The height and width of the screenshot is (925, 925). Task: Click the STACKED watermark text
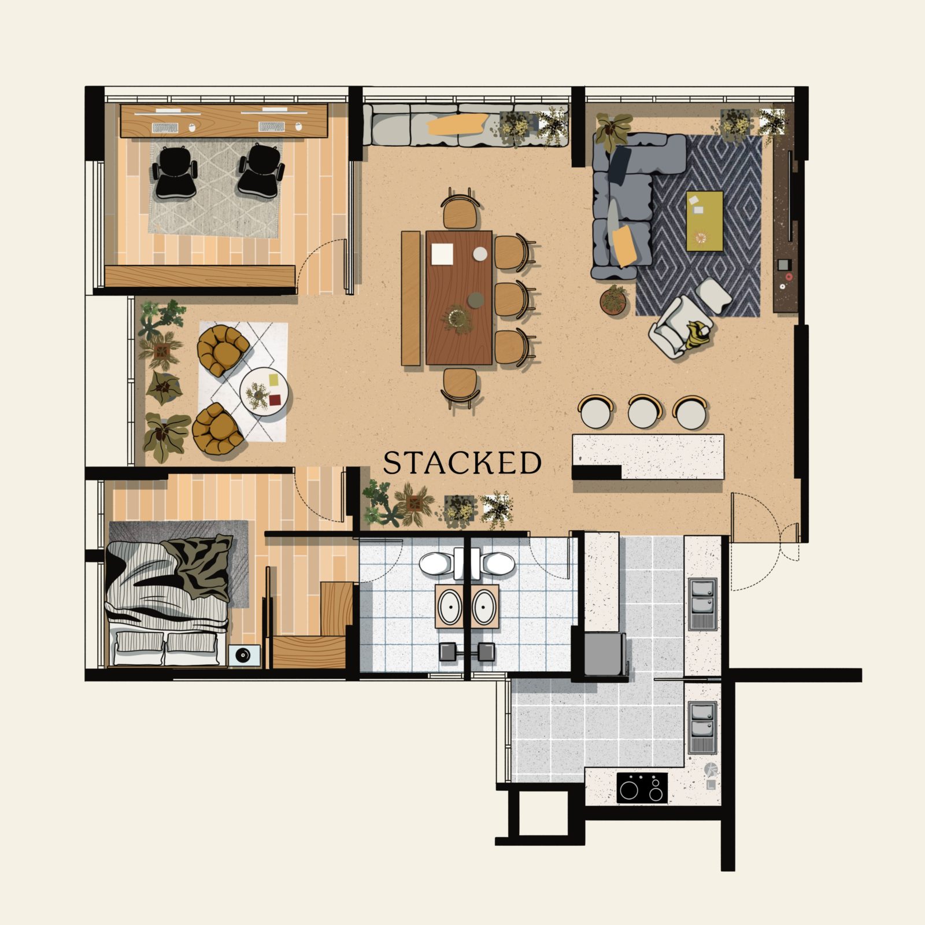[462, 462]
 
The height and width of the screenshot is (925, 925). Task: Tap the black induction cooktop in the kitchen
[642, 787]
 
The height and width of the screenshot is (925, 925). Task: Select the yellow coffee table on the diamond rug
[704, 221]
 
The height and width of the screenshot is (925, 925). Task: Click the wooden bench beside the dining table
[410, 298]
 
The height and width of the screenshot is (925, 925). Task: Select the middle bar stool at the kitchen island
[643, 412]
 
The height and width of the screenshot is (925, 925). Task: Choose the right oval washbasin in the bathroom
[484, 606]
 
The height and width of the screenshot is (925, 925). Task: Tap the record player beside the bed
[243, 656]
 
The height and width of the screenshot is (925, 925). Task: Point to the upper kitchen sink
[702, 604]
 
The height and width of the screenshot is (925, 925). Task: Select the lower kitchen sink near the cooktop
[702, 727]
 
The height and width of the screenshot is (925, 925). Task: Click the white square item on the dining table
[443, 254]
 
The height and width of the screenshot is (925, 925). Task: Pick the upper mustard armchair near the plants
[223, 350]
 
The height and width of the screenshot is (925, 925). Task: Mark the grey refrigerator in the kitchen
[605, 654]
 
